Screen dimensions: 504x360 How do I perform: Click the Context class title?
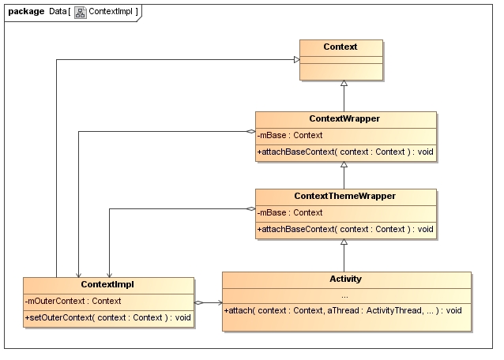click(x=340, y=47)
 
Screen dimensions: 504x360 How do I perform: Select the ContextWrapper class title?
click(x=344, y=119)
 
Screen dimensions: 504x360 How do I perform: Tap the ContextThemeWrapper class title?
click(x=344, y=196)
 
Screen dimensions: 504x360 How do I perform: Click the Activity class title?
click(x=345, y=279)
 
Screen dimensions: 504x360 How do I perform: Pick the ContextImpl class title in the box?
click(x=107, y=284)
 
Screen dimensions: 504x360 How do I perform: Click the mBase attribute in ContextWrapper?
click(x=290, y=135)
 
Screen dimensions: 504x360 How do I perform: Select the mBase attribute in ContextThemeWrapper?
click(x=290, y=212)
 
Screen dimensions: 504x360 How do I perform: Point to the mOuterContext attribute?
click(x=73, y=301)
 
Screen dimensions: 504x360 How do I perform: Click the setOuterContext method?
click(x=108, y=317)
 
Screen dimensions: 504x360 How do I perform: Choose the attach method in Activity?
click(x=343, y=310)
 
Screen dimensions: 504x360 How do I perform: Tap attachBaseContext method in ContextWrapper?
click(x=345, y=152)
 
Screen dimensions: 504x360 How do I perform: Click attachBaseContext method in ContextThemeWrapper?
click(x=345, y=229)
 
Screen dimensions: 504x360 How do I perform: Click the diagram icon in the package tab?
click(x=81, y=12)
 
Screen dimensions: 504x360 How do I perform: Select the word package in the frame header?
click(x=26, y=12)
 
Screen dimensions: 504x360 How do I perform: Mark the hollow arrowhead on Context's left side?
click(x=297, y=59)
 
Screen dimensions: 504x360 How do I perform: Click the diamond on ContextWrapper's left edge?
click(x=250, y=131)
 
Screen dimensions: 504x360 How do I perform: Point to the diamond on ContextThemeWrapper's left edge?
click(x=250, y=208)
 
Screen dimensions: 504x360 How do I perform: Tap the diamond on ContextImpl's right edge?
click(x=199, y=302)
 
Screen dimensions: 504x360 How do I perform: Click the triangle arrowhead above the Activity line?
click(x=344, y=242)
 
